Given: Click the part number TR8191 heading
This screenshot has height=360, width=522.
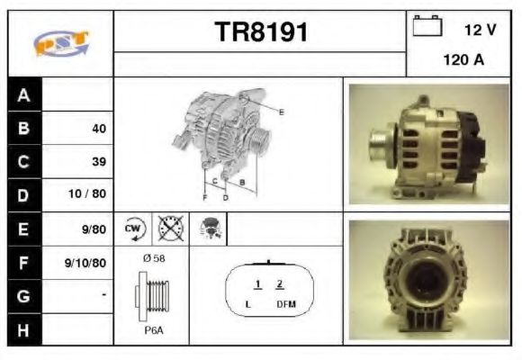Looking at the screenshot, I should click(x=261, y=33).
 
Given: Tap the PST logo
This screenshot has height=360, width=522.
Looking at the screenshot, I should click(x=60, y=41).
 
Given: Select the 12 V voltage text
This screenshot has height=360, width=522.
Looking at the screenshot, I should click(x=480, y=30).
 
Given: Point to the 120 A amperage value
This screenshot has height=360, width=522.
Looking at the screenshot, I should click(x=463, y=62).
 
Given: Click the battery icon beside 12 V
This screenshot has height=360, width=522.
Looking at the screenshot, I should click(x=427, y=27).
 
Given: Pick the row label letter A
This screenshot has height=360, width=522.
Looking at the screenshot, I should click(x=24, y=95).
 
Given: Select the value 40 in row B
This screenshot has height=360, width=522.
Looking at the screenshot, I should click(x=98, y=129).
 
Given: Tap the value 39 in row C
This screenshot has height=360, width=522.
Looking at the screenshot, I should click(x=98, y=162).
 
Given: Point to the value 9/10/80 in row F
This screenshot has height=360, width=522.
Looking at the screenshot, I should click(x=86, y=263).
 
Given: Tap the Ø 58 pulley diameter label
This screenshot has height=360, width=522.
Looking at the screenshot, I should click(x=153, y=259).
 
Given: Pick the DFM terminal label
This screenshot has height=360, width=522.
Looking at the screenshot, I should click(x=285, y=305).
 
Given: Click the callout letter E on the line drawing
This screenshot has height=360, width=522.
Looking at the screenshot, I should click(x=282, y=112).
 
